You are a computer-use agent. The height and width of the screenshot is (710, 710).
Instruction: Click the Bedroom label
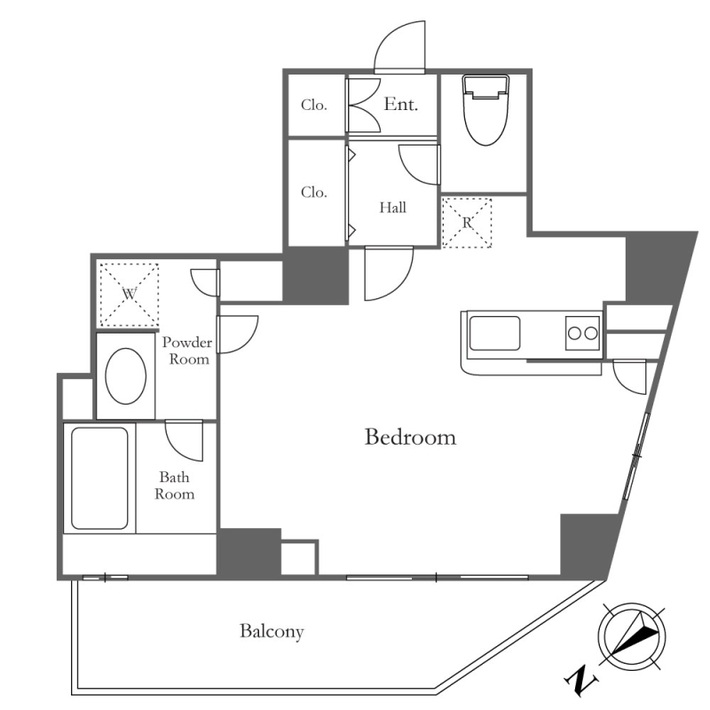coord(410,438)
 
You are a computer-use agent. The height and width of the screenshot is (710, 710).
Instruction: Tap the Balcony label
coord(272,631)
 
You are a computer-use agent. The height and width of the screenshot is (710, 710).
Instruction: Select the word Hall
coord(392,208)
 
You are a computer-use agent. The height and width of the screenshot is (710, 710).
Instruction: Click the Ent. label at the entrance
coord(401,105)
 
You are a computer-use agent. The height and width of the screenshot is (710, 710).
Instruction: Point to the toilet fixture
coord(485,110)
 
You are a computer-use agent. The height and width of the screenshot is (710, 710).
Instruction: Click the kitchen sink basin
coord(494,334)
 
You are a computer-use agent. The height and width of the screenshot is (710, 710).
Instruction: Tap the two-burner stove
coord(582,334)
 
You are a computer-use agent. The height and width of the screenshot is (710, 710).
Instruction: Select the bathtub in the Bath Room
coord(99,478)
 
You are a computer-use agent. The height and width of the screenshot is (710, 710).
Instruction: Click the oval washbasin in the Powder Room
coord(126,375)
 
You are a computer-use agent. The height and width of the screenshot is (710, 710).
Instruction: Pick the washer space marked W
coord(129,295)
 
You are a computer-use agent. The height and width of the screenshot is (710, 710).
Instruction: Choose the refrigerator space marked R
coord(467,223)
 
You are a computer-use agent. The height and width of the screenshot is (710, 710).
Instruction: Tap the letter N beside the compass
coord(581,680)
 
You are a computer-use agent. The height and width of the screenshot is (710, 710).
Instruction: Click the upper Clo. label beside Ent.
coord(314,105)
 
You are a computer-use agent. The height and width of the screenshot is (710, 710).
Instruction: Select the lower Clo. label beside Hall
coord(314,193)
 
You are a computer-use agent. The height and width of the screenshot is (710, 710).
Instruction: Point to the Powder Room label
coord(188,351)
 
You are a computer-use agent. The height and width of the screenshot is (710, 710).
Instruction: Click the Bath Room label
coord(174,485)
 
